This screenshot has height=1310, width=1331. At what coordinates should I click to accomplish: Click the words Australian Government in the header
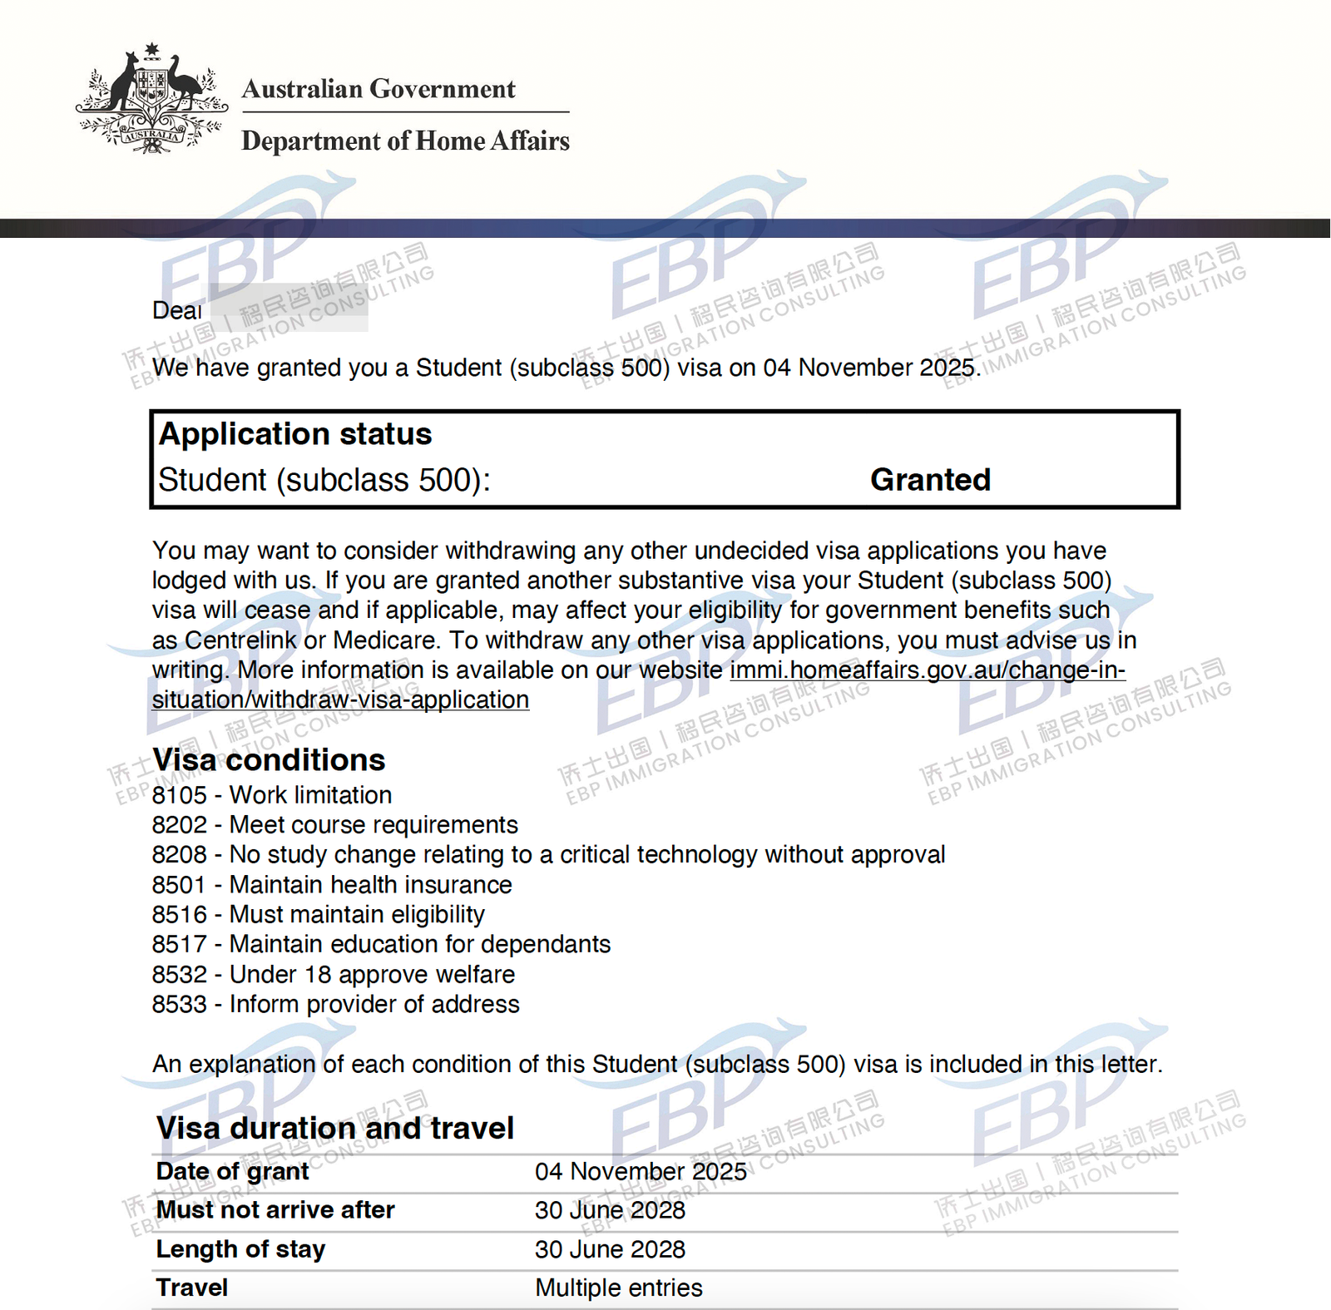click(379, 89)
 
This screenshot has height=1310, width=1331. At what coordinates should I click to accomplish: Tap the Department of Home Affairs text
click(405, 141)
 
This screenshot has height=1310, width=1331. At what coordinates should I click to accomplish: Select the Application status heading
click(295, 434)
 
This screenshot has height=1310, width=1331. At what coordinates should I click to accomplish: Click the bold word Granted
click(930, 480)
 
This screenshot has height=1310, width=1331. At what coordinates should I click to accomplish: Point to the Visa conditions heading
click(269, 760)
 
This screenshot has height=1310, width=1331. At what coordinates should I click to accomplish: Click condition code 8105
click(179, 795)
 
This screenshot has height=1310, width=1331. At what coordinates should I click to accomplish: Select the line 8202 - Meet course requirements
click(334, 825)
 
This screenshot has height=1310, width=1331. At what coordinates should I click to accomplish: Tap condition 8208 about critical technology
click(548, 855)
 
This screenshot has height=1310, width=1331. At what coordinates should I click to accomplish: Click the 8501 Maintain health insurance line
click(331, 885)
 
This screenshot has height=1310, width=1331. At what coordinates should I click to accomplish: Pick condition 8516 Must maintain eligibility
click(318, 915)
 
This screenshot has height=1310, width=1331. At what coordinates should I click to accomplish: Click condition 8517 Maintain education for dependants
click(381, 945)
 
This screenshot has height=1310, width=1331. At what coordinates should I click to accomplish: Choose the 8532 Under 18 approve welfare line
click(333, 975)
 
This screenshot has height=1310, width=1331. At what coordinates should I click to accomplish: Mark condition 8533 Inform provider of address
click(335, 1005)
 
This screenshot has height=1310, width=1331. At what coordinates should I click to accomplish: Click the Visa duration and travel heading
click(335, 1129)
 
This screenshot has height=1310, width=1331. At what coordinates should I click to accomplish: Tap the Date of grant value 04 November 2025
click(641, 1172)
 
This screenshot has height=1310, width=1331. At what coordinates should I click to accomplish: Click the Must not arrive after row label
click(275, 1210)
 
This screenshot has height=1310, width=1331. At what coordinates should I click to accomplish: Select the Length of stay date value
click(610, 1249)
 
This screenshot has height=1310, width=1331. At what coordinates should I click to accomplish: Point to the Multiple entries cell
click(618, 1288)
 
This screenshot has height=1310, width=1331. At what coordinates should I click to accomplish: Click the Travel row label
click(191, 1288)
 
